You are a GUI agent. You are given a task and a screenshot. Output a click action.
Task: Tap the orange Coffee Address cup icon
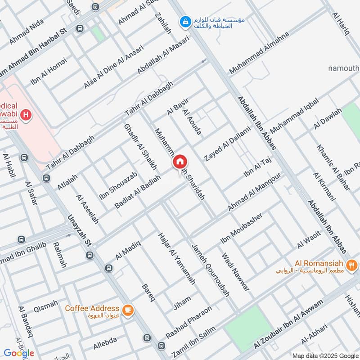pyautogui.click(x=128, y=309)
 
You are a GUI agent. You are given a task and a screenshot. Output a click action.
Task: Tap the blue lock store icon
pyautogui.click(x=184, y=21)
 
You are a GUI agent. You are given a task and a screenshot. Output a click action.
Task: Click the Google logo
pyautogui.click(x=19, y=353)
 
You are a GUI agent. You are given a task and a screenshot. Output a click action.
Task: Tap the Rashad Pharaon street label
pyautogui.click(x=189, y=323)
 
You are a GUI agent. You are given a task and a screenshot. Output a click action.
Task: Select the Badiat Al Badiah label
pyautogui.click(x=138, y=191)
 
